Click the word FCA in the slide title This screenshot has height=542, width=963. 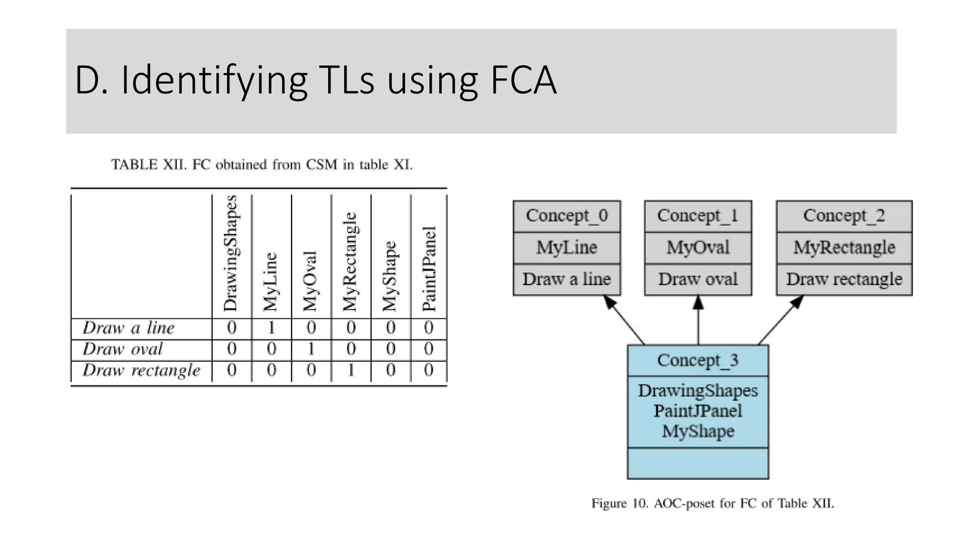click(x=523, y=81)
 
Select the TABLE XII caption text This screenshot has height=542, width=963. click(x=261, y=165)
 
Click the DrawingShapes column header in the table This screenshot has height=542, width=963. click(x=231, y=254)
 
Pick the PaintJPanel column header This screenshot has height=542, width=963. click(x=429, y=269)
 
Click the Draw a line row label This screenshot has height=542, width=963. click(x=128, y=328)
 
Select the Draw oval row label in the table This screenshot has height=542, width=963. click(x=123, y=349)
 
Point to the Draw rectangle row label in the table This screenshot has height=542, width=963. click(x=141, y=370)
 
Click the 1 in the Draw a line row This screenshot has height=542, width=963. click(x=271, y=328)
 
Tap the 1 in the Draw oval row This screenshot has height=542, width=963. click(x=311, y=349)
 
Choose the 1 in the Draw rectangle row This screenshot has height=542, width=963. click(x=351, y=370)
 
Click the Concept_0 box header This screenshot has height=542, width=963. click(x=567, y=216)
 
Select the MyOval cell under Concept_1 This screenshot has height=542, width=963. click(x=698, y=247)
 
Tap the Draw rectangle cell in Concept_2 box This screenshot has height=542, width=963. click(x=844, y=279)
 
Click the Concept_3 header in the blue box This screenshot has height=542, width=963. click(x=698, y=360)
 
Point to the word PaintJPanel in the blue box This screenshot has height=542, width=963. click(x=698, y=411)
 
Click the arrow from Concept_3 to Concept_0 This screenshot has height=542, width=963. click(x=624, y=320)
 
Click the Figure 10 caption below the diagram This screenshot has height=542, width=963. click(x=712, y=504)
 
